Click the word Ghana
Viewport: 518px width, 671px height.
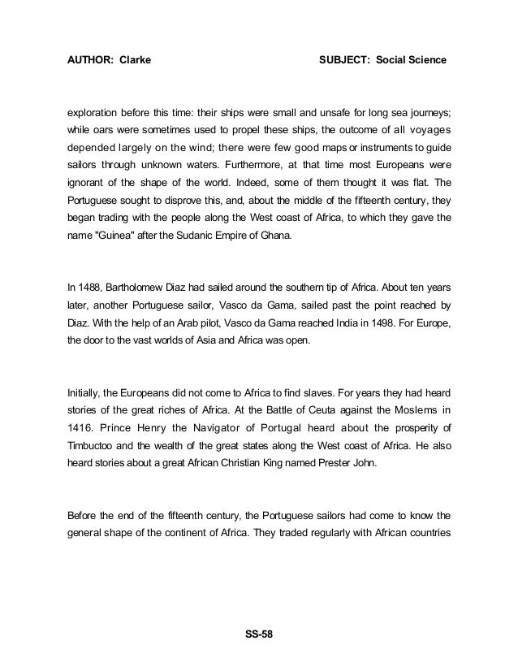tap(274, 236)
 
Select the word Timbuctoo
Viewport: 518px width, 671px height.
tap(94, 447)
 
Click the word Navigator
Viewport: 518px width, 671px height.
tap(212, 429)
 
